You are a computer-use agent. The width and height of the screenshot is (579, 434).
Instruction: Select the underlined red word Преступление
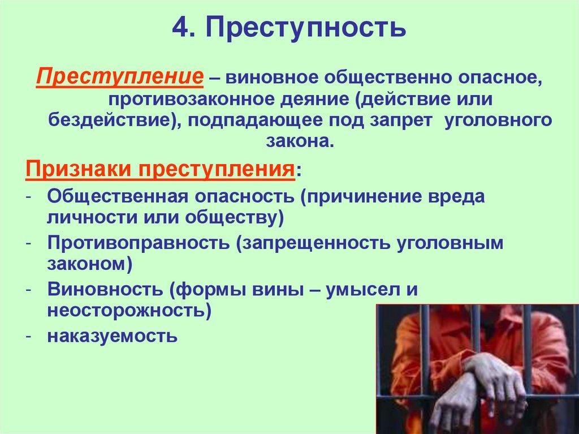pyautogui.click(x=120, y=76)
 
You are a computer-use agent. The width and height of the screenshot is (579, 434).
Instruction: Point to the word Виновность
pyautogui.click(x=105, y=289)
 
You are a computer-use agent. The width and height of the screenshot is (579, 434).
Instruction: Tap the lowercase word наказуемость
pyautogui.click(x=113, y=337)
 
